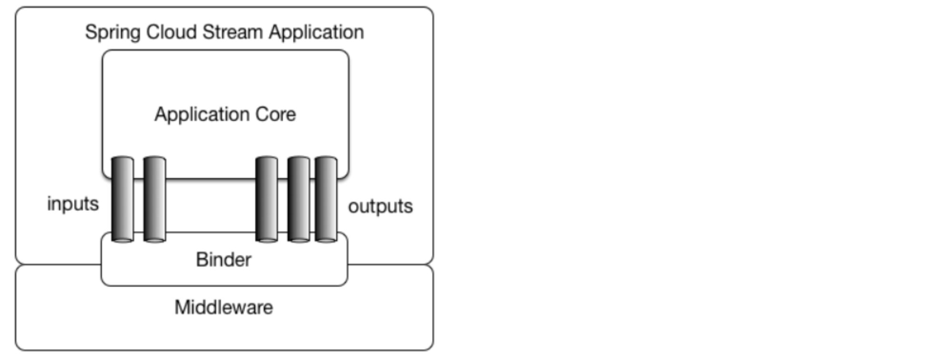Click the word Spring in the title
click(x=112, y=32)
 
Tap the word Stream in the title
click(x=232, y=32)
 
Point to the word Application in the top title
click(x=316, y=32)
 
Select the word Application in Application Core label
click(x=202, y=115)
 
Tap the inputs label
click(x=73, y=204)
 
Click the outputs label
click(x=380, y=206)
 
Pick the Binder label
click(x=223, y=260)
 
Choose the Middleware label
click(x=224, y=307)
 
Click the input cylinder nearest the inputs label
click(x=122, y=199)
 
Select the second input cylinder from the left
click(x=154, y=199)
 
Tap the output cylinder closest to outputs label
click(x=326, y=199)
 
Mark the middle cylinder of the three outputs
click(x=299, y=199)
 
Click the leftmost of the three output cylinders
click(x=267, y=199)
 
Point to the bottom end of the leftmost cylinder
click(x=122, y=239)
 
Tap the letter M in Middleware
click(x=181, y=307)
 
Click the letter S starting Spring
click(x=90, y=32)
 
